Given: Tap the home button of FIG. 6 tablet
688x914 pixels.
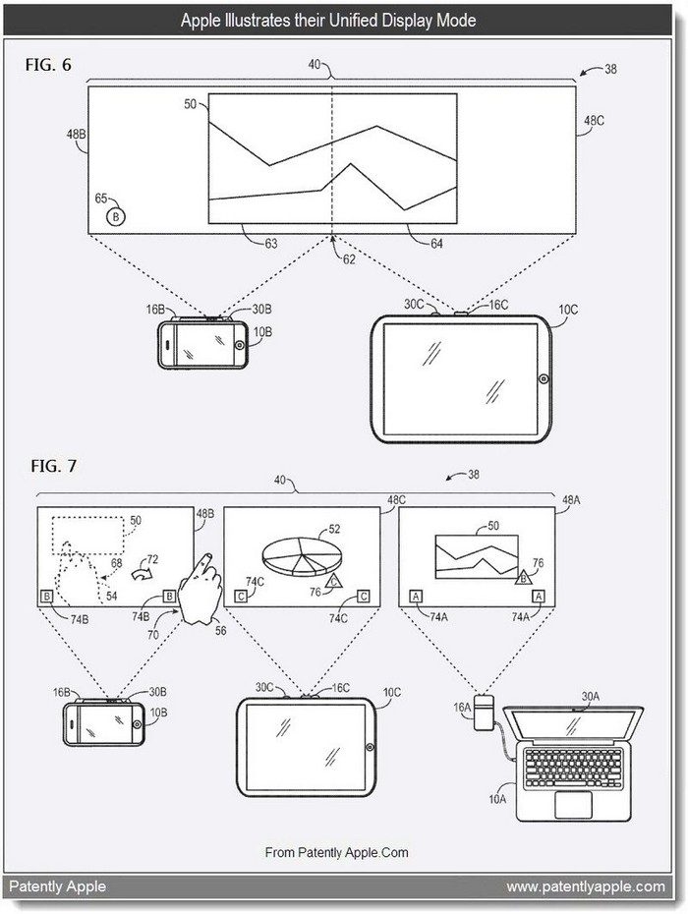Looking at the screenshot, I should (543, 377).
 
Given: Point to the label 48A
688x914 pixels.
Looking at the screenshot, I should (569, 499).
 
